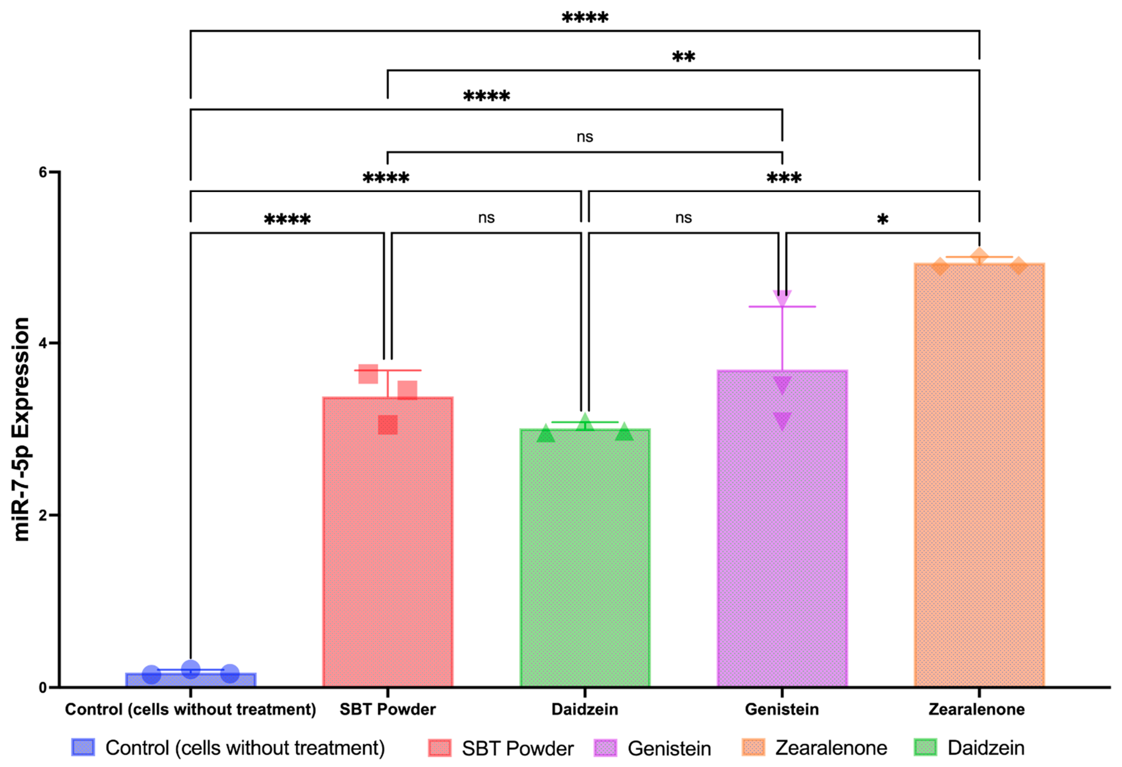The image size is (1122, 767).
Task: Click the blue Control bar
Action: pos(191,680)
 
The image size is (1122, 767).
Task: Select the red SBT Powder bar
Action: pos(388,541)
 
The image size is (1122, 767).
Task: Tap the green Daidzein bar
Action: pos(585,555)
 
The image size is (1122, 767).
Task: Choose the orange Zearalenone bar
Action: pos(979,473)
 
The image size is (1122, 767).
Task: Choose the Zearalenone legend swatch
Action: pos(753,747)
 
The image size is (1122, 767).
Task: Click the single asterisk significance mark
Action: pos(882,220)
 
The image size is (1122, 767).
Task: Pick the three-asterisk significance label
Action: pos(784,178)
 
